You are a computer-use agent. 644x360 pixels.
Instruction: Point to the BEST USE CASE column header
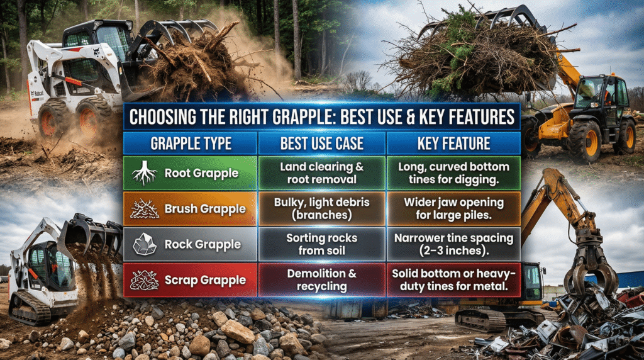point(321,143)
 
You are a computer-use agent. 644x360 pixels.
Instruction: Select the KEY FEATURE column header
point(452,143)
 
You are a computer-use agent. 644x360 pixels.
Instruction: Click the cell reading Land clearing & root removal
point(321,173)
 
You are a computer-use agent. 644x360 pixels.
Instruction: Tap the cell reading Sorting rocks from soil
point(321,244)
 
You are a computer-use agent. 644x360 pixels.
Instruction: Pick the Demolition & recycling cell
point(321,279)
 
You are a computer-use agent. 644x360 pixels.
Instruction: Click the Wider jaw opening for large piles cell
point(453,208)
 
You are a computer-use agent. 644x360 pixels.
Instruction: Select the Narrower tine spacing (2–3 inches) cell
point(453,244)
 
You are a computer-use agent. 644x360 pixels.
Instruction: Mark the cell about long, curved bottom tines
point(453,173)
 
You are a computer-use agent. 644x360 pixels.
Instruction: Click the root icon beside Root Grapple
point(144,173)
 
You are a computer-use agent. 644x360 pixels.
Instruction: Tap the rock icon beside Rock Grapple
point(144,244)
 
